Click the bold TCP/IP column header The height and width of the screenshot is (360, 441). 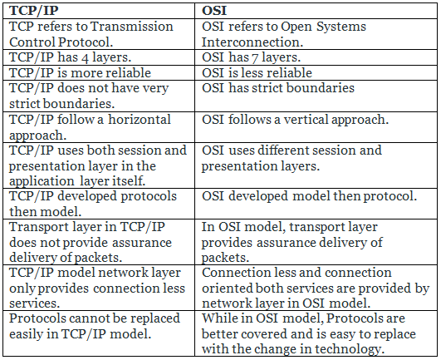point(34,11)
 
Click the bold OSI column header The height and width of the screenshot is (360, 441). point(214,11)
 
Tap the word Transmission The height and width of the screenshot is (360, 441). point(131,27)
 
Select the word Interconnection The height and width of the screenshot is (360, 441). point(252,42)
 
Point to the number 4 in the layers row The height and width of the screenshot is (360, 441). point(85,58)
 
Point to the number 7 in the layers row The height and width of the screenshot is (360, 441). point(255,58)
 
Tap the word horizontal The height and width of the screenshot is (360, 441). point(140,120)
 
